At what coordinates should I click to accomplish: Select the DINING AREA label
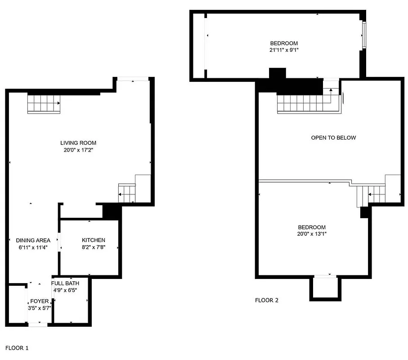click(33, 240)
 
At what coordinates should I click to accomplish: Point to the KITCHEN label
click(94, 240)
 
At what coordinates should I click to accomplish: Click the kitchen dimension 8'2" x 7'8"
click(94, 247)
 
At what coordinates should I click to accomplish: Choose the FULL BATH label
click(65, 283)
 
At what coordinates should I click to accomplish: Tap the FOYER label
click(39, 301)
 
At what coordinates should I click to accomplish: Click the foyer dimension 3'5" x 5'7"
click(39, 308)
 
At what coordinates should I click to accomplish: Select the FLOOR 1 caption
click(17, 348)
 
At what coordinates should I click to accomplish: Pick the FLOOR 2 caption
click(267, 300)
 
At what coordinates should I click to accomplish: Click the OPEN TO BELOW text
click(333, 138)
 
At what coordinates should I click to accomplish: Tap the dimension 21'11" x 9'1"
click(281, 50)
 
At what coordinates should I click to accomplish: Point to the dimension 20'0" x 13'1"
click(312, 234)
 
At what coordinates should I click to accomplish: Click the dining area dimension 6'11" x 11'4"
click(33, 247)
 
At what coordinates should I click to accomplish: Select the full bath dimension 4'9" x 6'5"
click(65, 290)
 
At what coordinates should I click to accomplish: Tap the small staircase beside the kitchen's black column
click(127, 193)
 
